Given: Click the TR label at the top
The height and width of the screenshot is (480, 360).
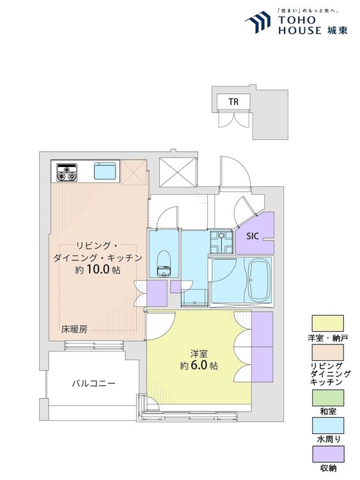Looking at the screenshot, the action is pos(233,102).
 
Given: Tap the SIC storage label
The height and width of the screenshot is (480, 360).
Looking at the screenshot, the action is pos(253,236).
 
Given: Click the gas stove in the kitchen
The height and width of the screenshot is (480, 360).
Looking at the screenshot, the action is pos(67,173).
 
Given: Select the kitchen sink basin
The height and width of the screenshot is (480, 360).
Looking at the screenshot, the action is pos(105,171).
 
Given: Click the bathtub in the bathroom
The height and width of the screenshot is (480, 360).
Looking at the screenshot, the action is pos(260,280).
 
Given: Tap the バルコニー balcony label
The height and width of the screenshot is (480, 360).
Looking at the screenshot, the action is pos(93,383).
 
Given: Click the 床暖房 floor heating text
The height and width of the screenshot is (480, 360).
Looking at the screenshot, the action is pos(74,330).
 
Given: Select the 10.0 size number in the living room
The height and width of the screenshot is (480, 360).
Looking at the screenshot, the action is pos(98,269).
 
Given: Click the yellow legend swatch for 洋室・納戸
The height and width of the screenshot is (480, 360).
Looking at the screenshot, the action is pos(327,323).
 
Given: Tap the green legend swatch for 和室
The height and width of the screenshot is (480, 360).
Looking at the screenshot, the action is pos(327,397).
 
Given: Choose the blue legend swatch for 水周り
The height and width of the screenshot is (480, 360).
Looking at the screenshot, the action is pos(327,426).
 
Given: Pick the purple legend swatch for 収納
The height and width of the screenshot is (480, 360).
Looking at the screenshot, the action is pos(327,454).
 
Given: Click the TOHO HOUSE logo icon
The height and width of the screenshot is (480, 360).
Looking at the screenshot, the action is pos(258,22).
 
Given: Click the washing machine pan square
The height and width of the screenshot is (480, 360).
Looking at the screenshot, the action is pos(221,242).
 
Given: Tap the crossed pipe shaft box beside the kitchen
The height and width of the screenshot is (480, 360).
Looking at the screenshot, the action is pos(178,172).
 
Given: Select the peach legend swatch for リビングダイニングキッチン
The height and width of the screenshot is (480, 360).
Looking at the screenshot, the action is pos(327,353).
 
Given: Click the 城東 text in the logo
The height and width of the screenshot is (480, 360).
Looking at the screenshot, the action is pos(337,30).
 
